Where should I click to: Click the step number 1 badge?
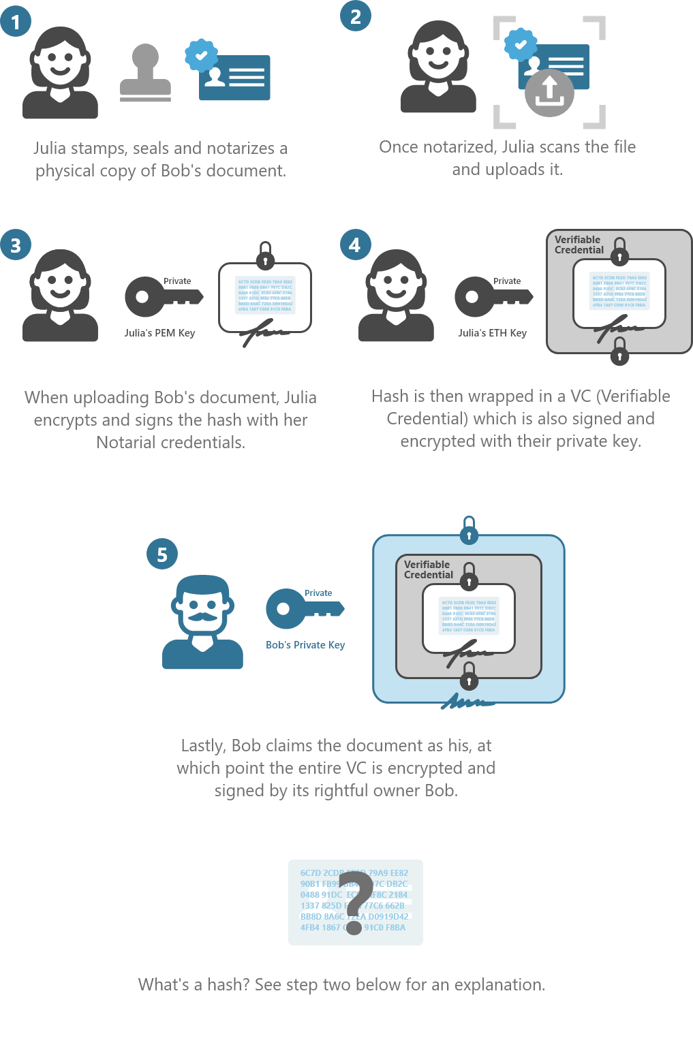pos(16,22)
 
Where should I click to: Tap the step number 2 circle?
pos(356,16)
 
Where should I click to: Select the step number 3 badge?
pos(16,245)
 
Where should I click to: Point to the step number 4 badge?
pos(355,245)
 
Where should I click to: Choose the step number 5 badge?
pos(162,554)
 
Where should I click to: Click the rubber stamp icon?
pos(145,74)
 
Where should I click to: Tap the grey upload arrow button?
pos(549,93)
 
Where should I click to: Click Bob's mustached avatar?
pos(202,622)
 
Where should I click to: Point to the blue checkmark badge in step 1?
pos(201,56)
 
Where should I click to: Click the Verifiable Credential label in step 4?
pos(579,245)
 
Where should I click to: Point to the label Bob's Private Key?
pos(305,645)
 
